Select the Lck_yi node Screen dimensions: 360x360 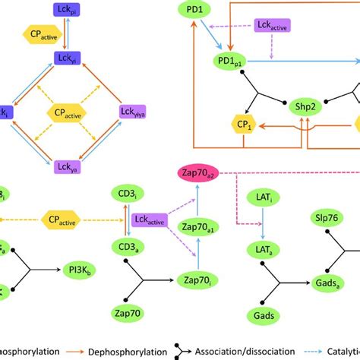click(x=63, y=57)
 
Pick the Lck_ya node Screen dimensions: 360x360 click(x=63, y=166)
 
